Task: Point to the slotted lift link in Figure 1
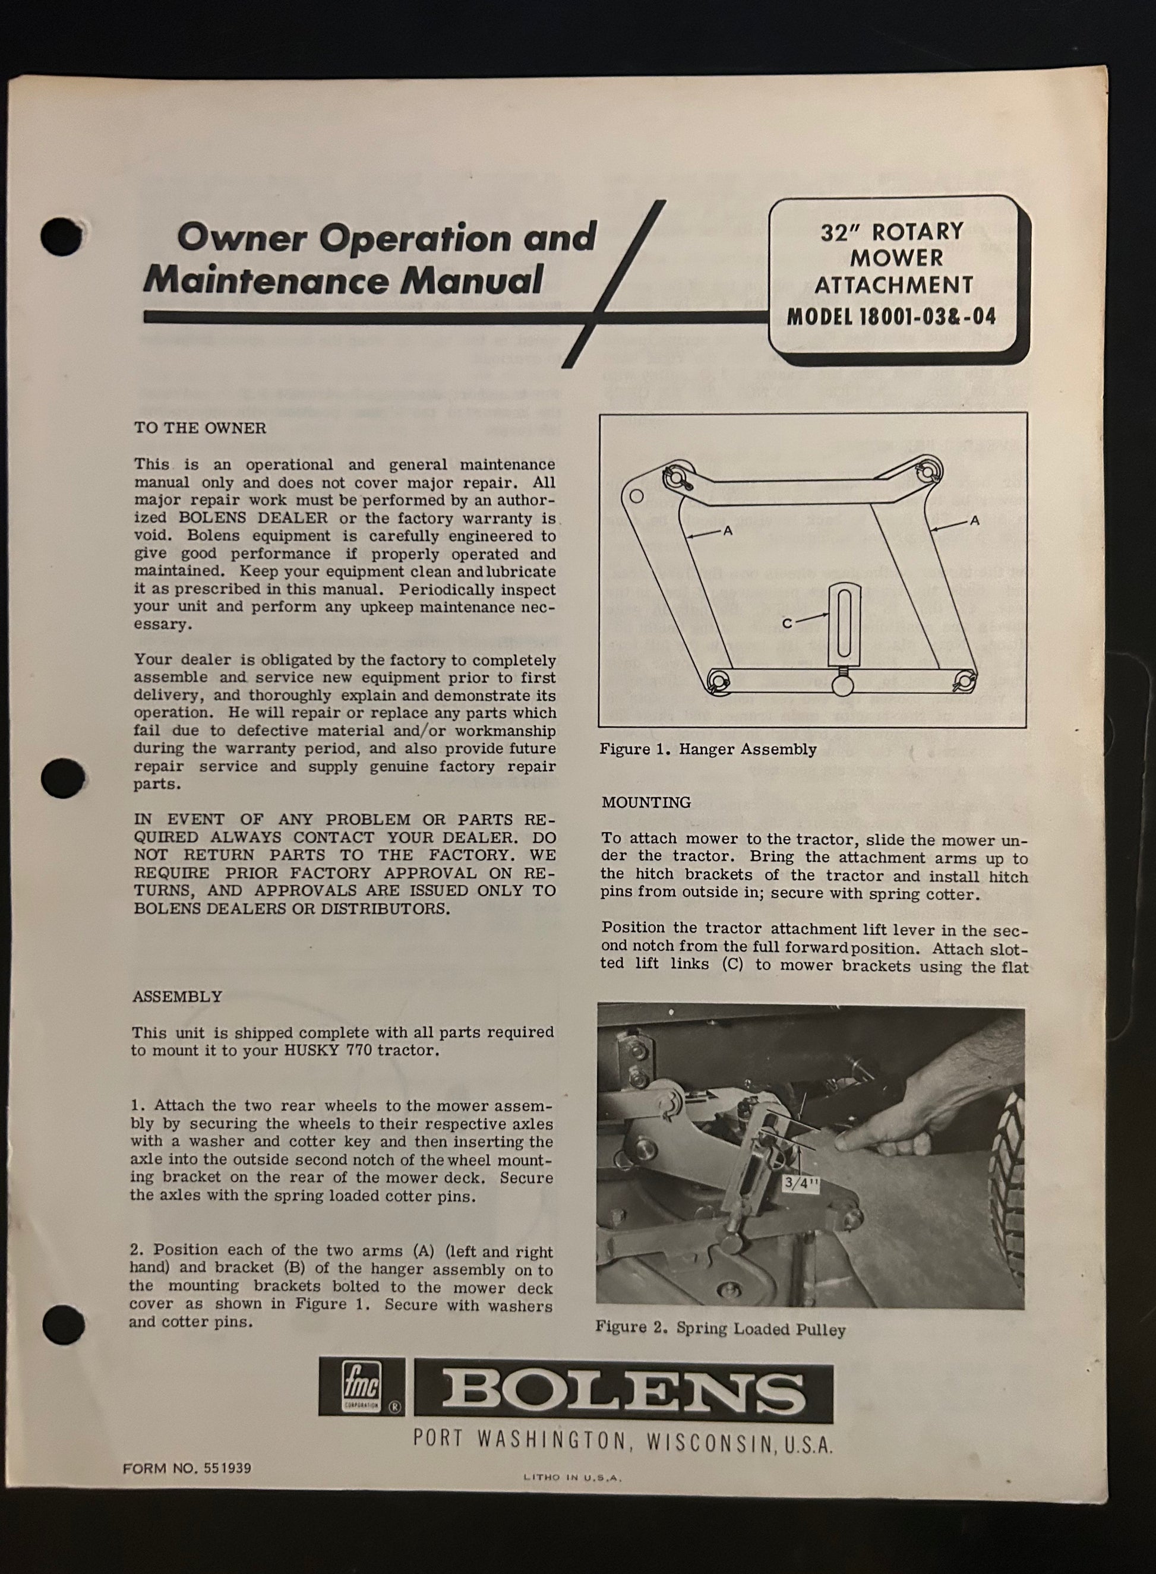(841, 624)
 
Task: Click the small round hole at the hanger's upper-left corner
(636, 497)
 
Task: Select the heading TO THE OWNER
(200, 428)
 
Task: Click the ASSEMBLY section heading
(177, 996)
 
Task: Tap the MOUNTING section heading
(646, 802)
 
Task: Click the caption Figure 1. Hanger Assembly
(708, 749)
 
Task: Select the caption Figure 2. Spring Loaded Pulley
(720, 1329)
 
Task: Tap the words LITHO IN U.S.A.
(573, 1478)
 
